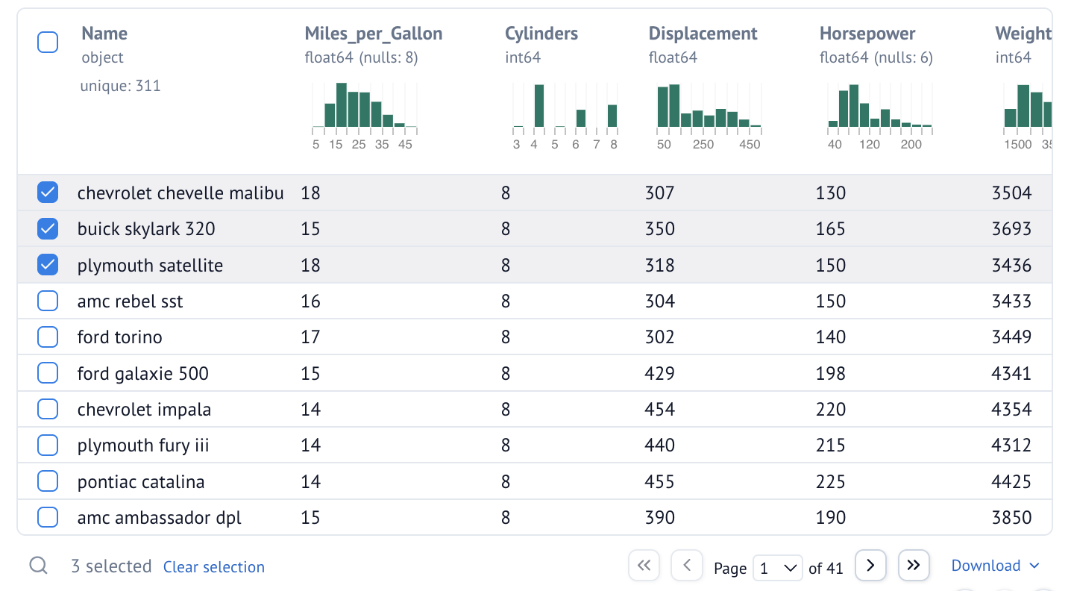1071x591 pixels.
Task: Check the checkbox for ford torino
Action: pyautogui.click(x=48, y=337)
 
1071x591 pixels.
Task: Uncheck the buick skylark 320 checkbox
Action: pyautogui.click(x=48, y=229)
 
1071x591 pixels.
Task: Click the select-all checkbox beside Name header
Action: pyautogui.click(x=48, y=43)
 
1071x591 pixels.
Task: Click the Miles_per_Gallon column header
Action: pyautogui.click(x=373, y=34)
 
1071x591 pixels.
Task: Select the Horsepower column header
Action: pyautogui.click(x=867, y=34)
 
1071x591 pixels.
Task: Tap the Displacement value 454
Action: pyautogui.click(x=659, y=410)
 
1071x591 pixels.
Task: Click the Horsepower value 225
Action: pyautogui.click(x=831, y=482)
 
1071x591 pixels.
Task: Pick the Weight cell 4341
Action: pyautogui.click(x=1011, y=373)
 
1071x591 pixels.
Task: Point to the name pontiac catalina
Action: pyautogui.click(x=140, y=482)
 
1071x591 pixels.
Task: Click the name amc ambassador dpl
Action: pyautogui.click(x=159, y=518)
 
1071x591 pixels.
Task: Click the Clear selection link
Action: pyautogui.click(x=214, y=567)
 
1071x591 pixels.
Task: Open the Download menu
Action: pyautogui.click(x=995, y=566)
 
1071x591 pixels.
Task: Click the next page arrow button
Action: pyautogui.click(x=870, y=566)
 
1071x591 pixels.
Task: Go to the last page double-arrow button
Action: pyautogui.click(x=914, y=566)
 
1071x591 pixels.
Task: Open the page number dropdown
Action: pyautogui.click(x=777, y=569)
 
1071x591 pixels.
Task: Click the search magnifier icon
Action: pyautogui.click(x=39, y=566)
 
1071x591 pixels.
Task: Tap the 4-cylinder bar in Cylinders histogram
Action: pyautogui.click(x=539, y=106)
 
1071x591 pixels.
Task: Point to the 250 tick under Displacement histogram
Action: pyautogui.click(x=703, y=144)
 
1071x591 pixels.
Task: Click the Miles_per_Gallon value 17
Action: pyautogui.click(x=310, y=337)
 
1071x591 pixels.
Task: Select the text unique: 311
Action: pyautogui.click(x=120, y=86)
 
